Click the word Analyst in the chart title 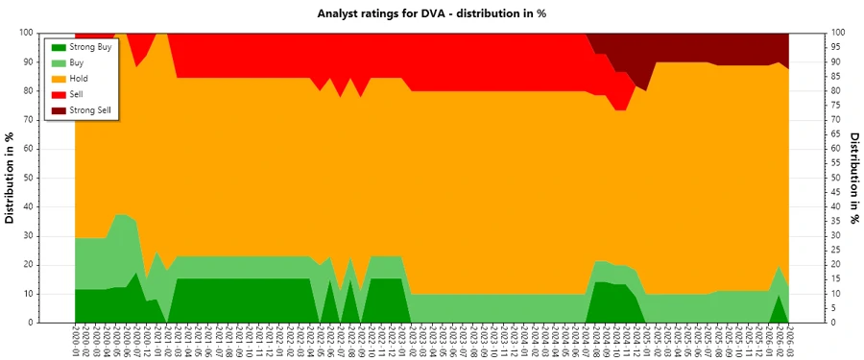coord(340,13)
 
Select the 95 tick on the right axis coord(837,47)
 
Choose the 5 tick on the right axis coord(835,308)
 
